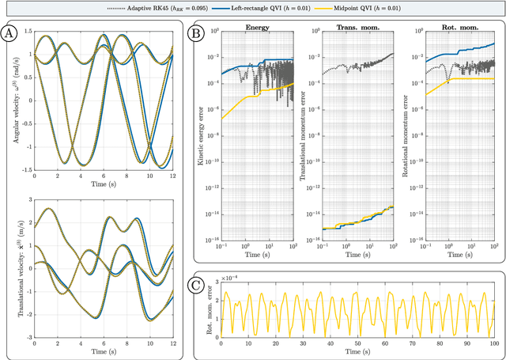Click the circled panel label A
pyautogui.click(x=9, y=34)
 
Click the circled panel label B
pyautogui.click(x=195, y=34)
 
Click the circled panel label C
pyautogui.click(x=195, y=283)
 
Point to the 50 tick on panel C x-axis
pyautogui.click(x=358, y=343)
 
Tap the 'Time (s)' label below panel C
pyautogui.click(x=358, y=352)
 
